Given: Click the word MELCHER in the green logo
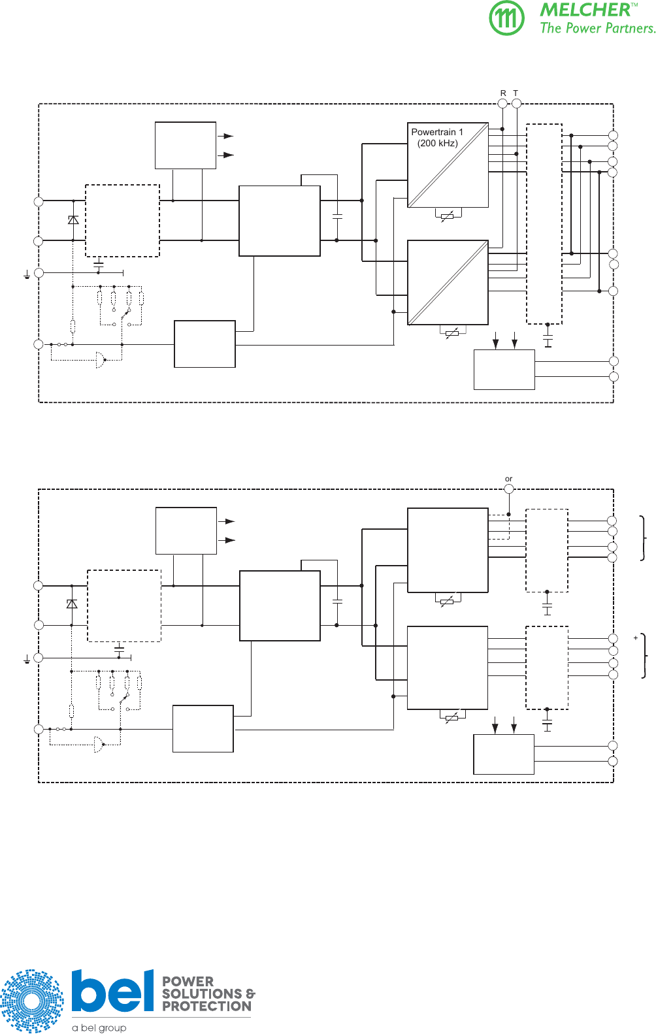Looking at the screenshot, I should point(585,10).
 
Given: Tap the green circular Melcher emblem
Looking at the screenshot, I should point(506,18).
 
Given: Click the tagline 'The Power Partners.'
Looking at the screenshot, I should point(597,28).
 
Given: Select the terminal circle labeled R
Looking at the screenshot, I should point(502,103).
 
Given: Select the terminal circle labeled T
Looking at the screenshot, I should point(516,103).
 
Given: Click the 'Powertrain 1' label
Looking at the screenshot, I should point(436,132).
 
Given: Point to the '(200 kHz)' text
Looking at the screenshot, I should point(437,143).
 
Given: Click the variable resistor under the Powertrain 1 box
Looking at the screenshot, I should point(448,216).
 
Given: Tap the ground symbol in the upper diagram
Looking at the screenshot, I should point(27,276).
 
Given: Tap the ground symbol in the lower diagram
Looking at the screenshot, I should point(27,660).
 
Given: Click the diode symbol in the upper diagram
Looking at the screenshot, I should point(73,220).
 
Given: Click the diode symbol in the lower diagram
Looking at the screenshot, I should point(72,604).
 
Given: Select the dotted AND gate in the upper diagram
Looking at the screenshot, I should point(100,360).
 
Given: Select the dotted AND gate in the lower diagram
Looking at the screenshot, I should point(98,745).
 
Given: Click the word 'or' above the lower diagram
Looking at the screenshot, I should point(508,479).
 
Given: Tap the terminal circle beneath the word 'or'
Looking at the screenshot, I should point(509,489).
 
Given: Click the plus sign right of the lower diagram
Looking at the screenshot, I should point(635,638).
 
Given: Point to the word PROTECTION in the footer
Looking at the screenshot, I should point(206,1007).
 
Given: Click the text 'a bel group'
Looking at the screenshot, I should point(99,1027).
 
